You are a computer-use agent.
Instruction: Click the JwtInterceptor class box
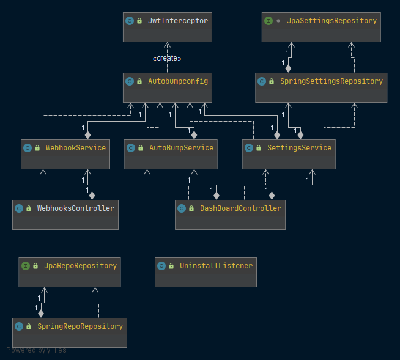168,27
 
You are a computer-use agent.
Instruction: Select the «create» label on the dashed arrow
167,59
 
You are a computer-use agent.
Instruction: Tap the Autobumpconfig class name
178,81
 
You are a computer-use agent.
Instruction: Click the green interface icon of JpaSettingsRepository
269,21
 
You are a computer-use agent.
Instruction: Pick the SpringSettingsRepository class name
331,81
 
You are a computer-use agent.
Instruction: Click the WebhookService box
65,154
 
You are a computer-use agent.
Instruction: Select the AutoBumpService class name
182,148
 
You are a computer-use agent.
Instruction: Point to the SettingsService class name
299,148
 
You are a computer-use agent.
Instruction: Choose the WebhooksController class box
65,215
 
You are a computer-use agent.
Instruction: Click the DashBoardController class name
240,208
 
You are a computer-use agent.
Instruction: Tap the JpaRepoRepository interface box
70,273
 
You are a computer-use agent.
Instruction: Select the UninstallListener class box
206,273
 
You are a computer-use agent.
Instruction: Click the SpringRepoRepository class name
80,326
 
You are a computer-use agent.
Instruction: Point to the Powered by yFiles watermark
36,350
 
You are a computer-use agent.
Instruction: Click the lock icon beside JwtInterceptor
139,21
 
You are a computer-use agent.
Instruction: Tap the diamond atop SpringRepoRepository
41,314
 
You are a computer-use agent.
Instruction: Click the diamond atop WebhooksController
92,196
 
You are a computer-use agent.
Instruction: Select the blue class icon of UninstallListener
161,266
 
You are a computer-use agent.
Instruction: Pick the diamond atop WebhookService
87,135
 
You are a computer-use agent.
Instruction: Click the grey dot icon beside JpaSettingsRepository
278,21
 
